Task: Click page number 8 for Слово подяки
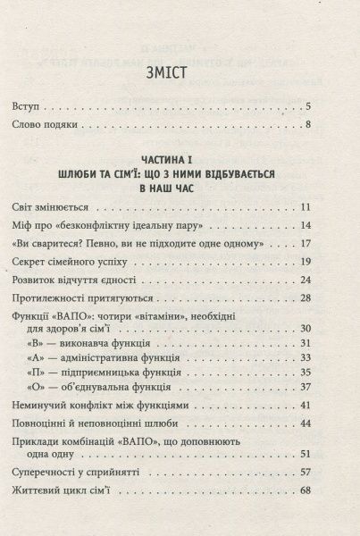click(x=332, y=124)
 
